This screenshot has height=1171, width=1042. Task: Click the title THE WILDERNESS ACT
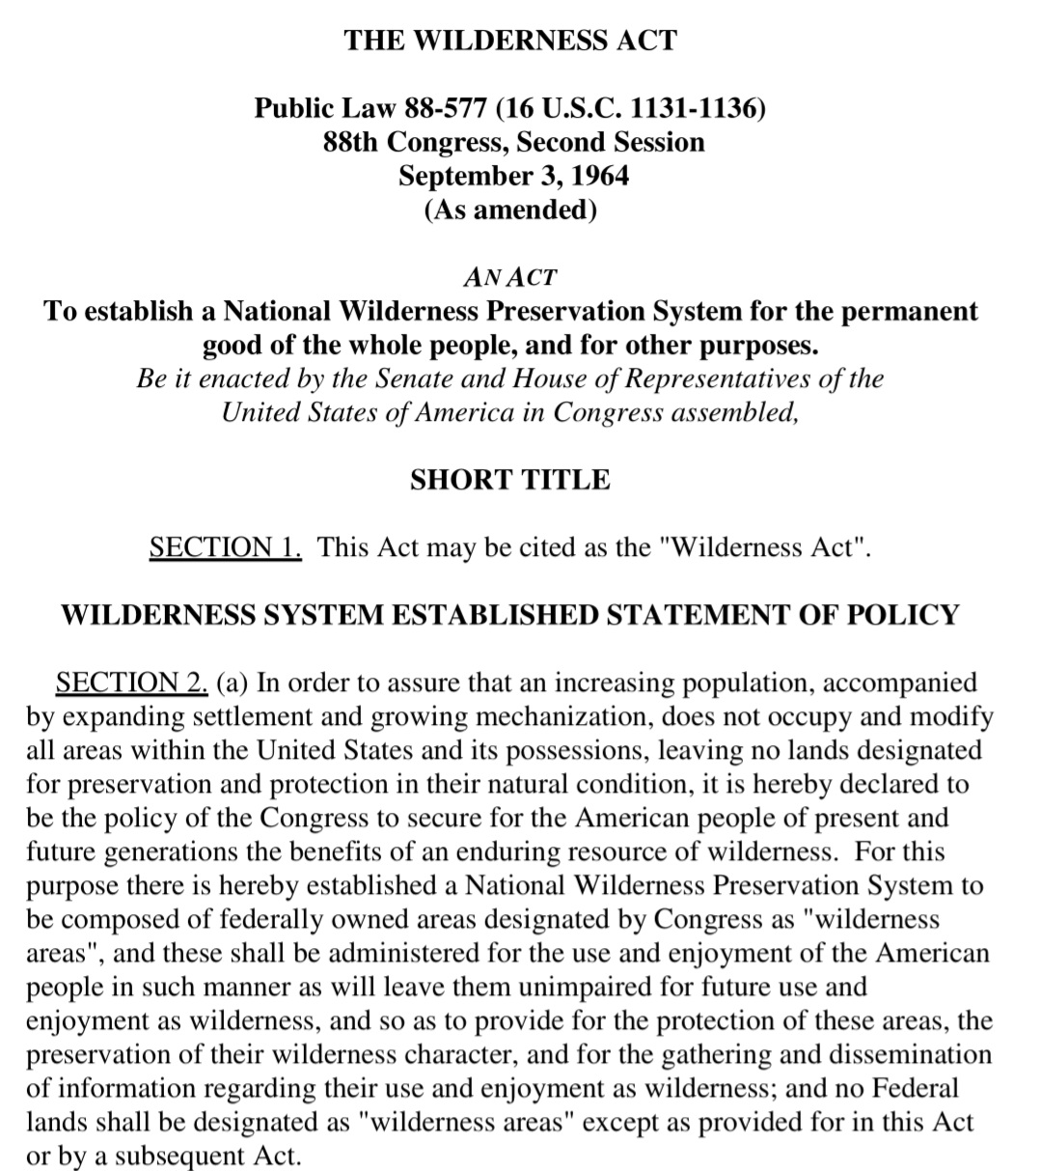510,41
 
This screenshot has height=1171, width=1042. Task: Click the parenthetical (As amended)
510,209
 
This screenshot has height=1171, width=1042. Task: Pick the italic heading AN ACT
510,278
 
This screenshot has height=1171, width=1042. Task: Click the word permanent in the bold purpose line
911,312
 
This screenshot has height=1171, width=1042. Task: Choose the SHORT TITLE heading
510,480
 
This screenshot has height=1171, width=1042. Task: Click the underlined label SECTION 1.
226,547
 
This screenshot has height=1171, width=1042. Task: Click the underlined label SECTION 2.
132,683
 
